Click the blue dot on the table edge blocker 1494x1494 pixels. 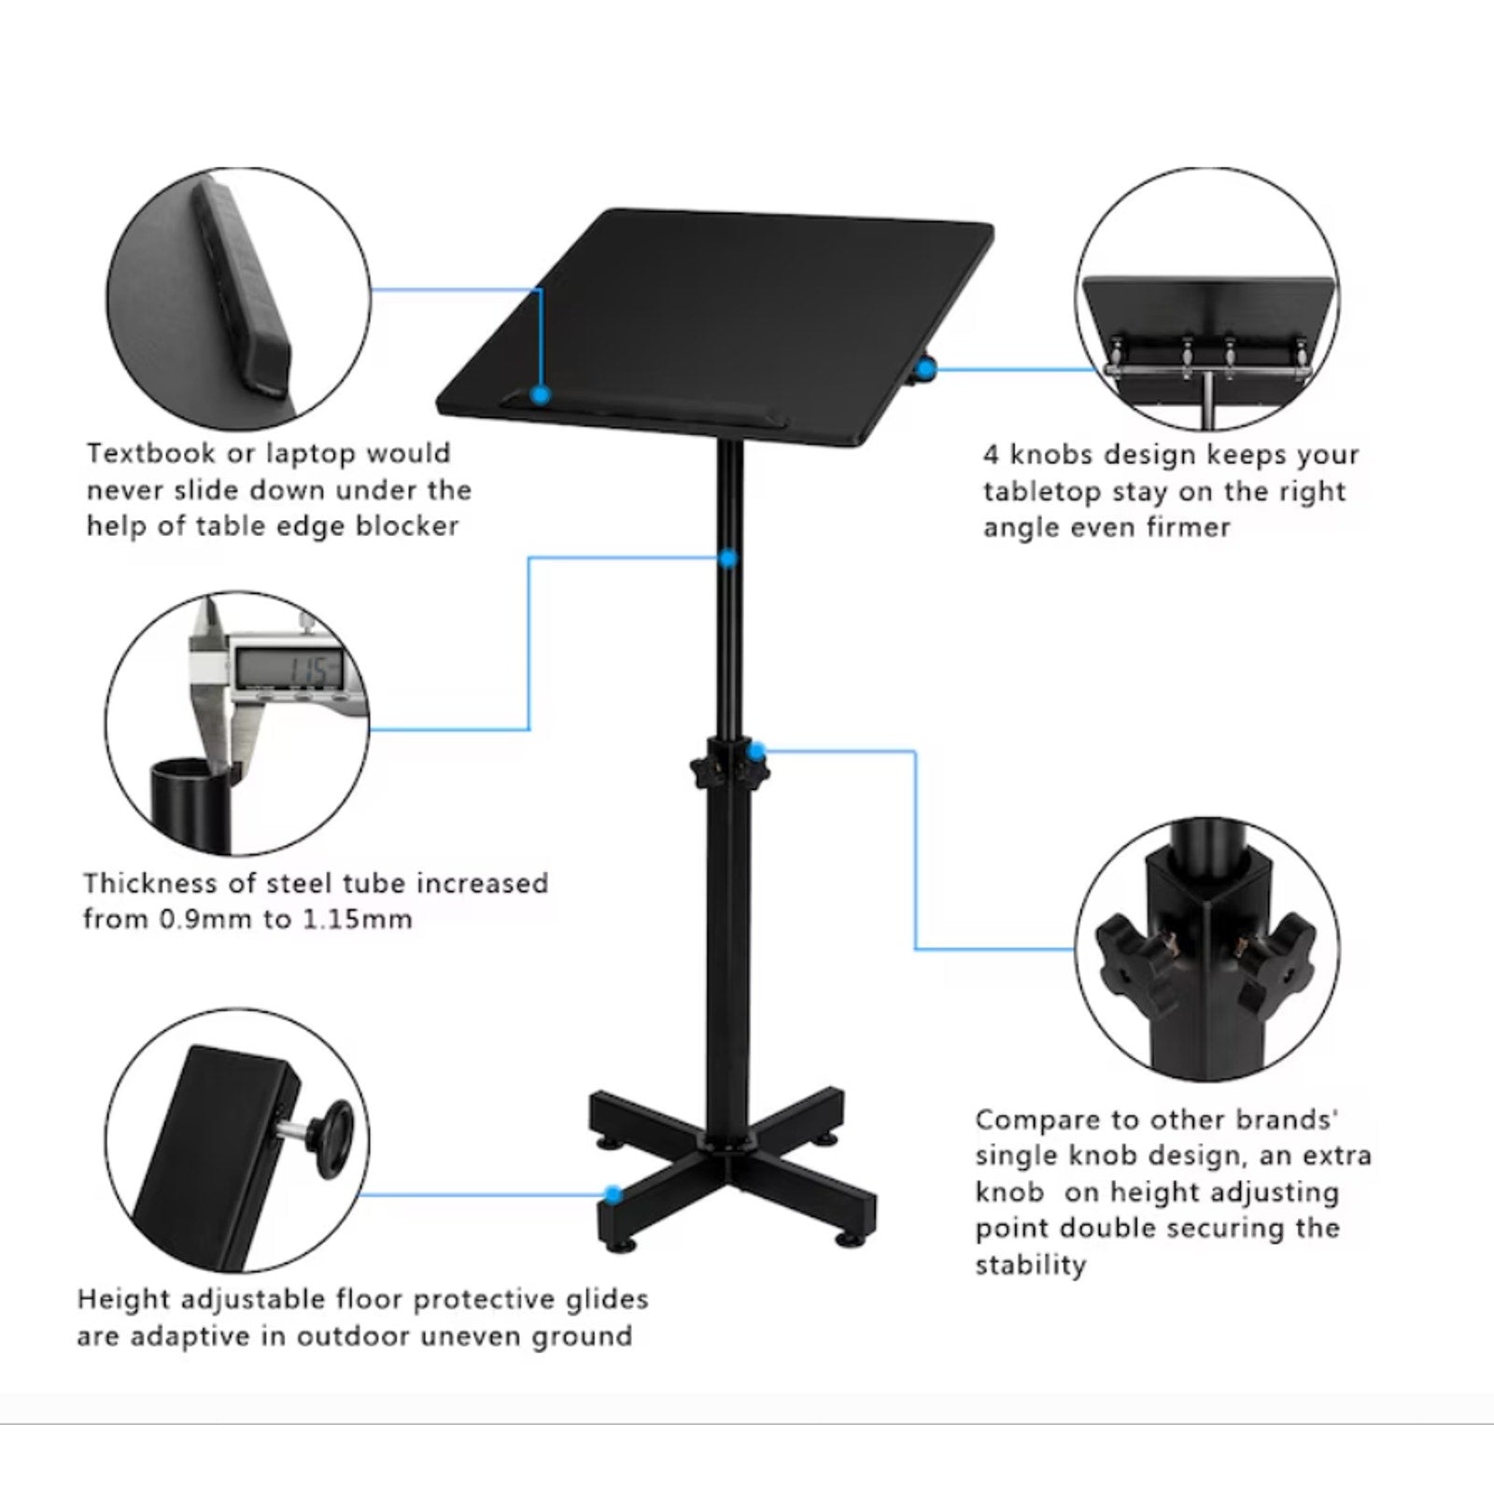pyautogui.click(x=540, y=395)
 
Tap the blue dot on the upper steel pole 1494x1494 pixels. pyautogui.click(x=728, y=558)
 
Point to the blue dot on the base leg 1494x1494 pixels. pyautogui.click(x=613, y=1193)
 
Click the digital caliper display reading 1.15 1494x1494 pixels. pyautogui.click(x=289, y=668)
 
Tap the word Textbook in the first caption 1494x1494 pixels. pyautogui.click(x=147, y=454)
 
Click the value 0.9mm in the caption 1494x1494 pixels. pyautogui.click(x=198, y=919)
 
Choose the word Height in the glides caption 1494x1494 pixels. pyautogui.click(x=124, y=1300)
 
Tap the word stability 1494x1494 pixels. pyautogui.click(x=1032, y=1265)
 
